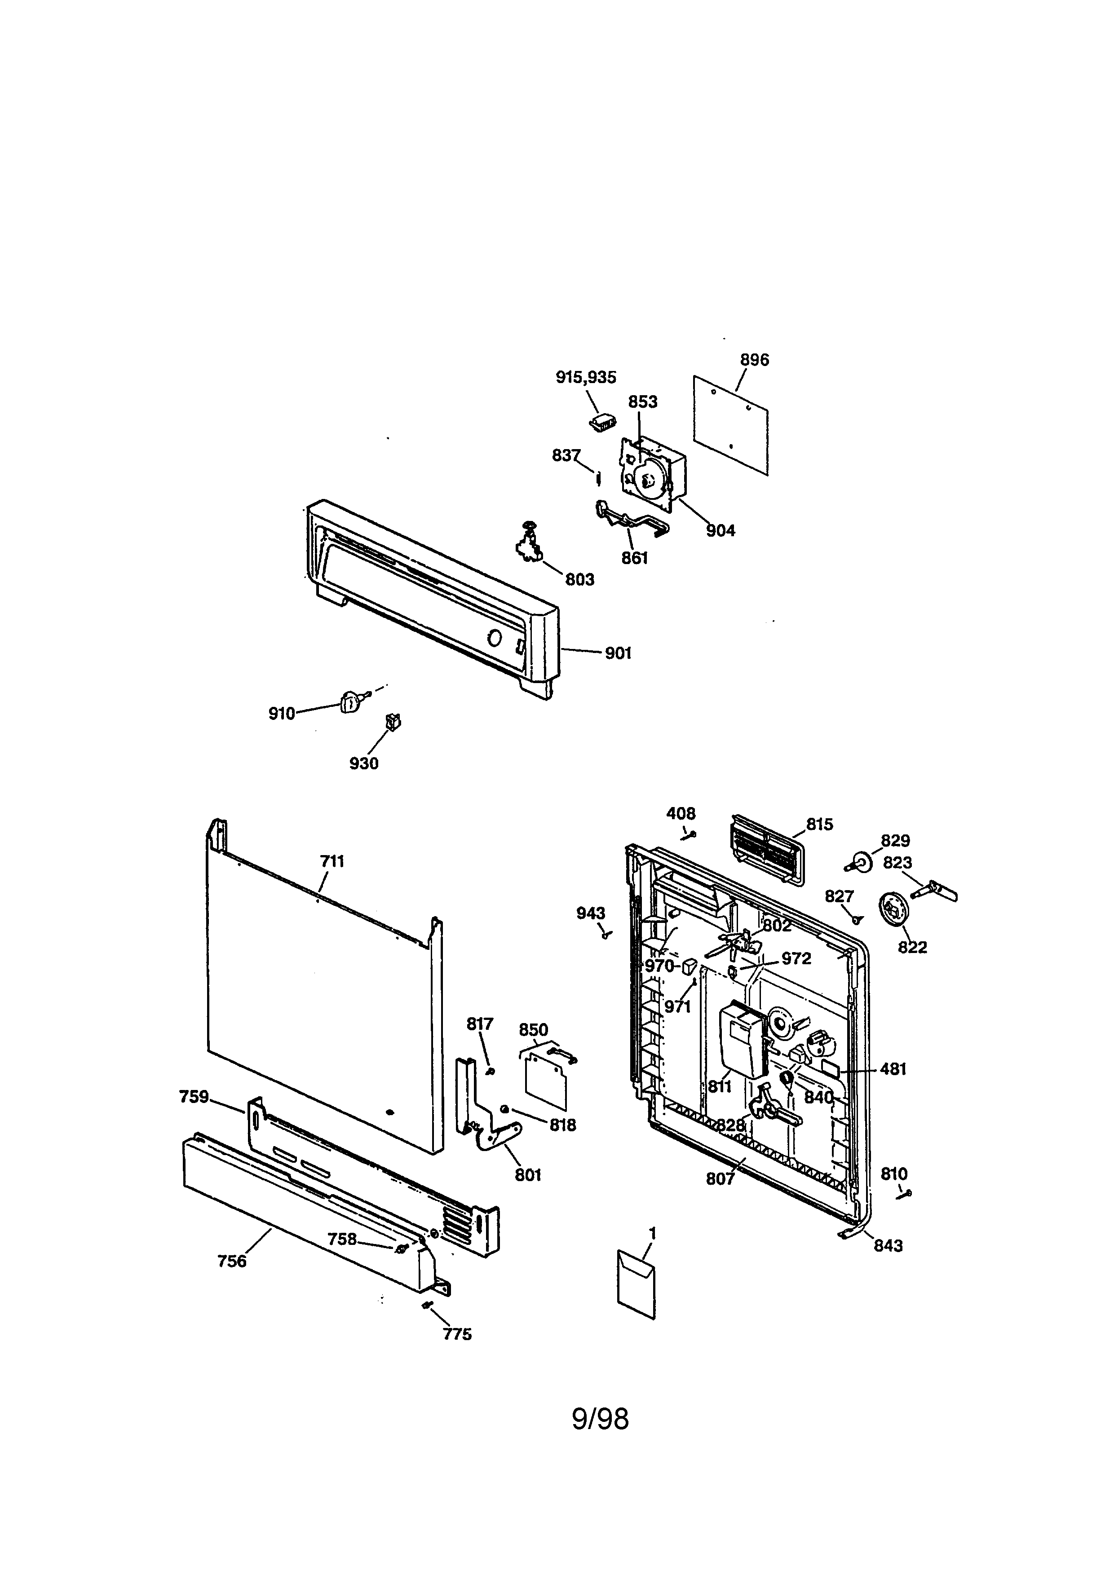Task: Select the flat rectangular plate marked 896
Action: pos(730,424)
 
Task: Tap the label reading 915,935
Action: pos(586,377)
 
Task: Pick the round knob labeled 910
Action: pos(350,702)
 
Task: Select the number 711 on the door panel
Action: pos(332,861)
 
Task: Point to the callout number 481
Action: pos(893,1069)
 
